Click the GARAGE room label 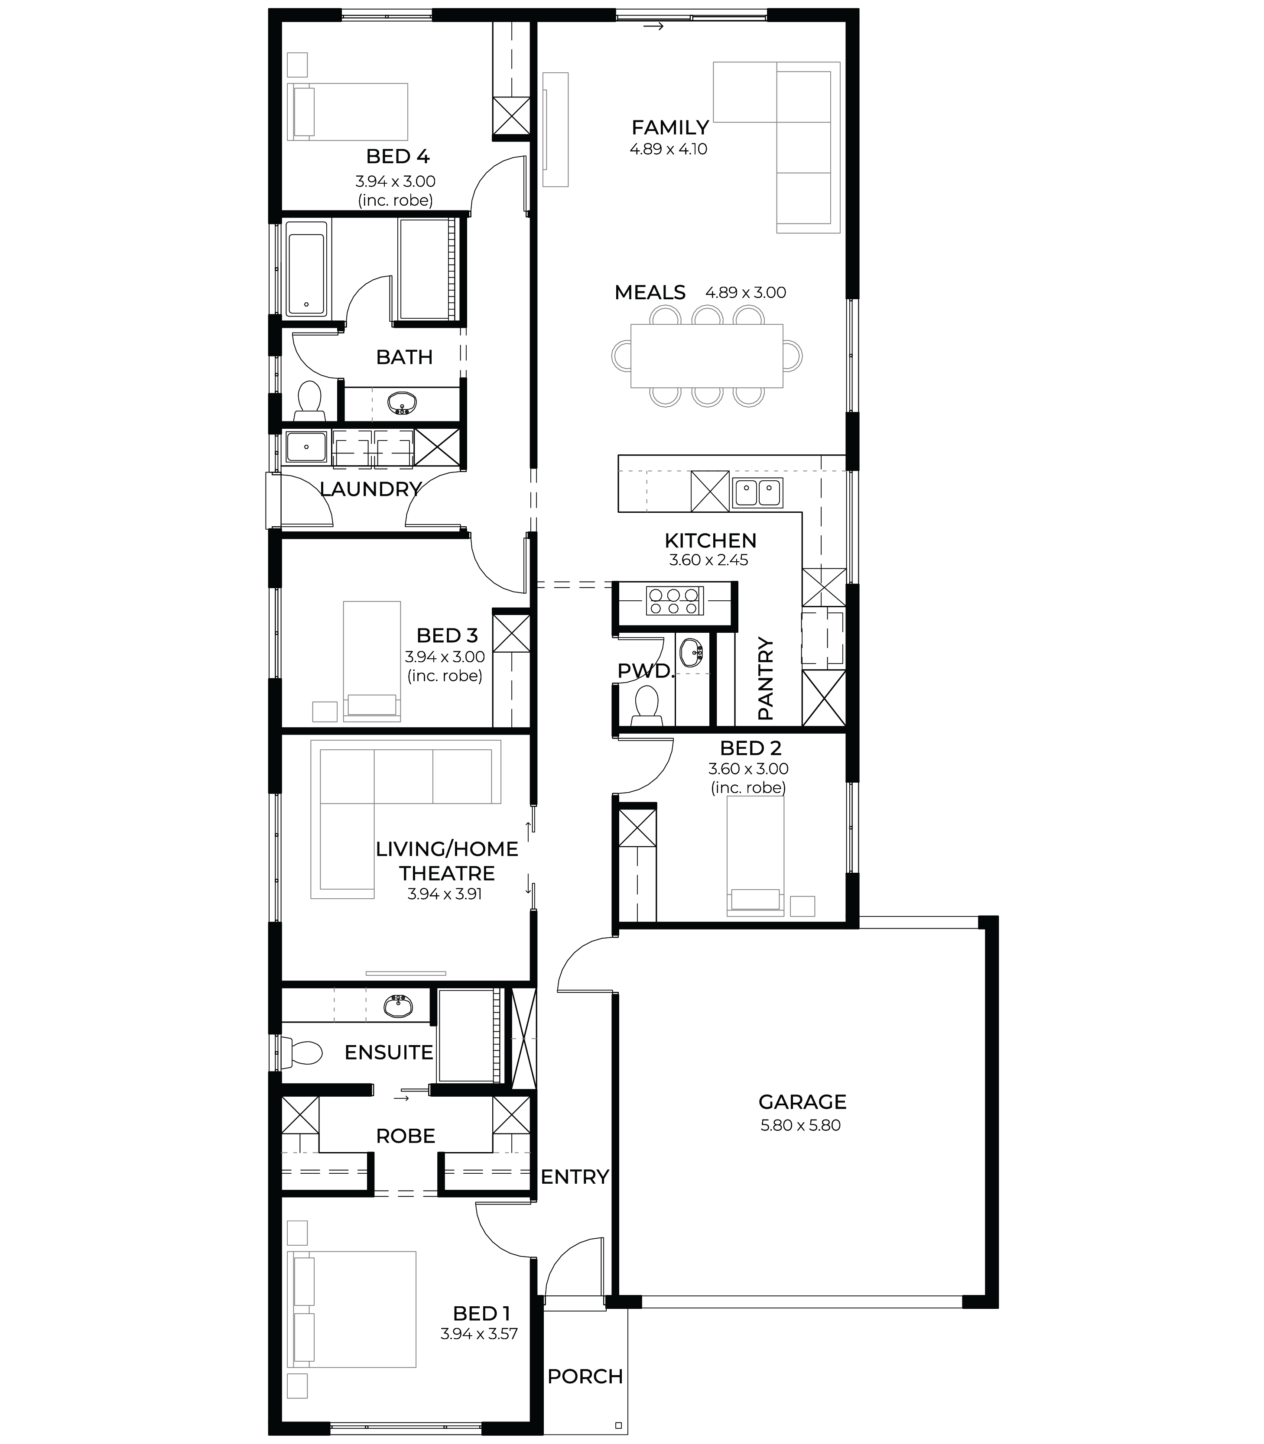(x=802, y=1101)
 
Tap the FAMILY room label (x=670, y=128)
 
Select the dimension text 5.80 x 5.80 (x=801, y=1125)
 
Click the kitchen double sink (x=757, y=493)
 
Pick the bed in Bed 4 (x=348, y=111)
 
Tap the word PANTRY (x=765, y=678)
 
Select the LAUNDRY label (x=371, y=489)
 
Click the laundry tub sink (x=306, y=447)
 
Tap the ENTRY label (x=575, y=1177)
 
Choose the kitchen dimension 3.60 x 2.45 (x=709, y=560)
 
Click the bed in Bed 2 (x=755, y=861)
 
